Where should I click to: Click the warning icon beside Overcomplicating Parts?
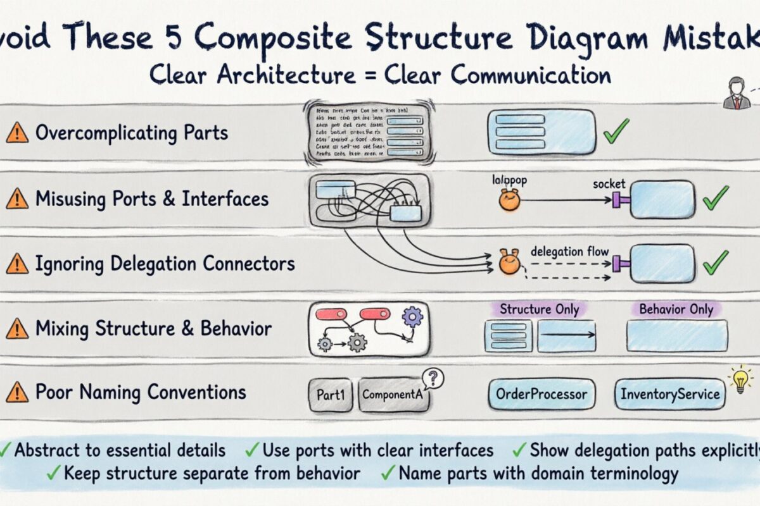[x=17, y=133]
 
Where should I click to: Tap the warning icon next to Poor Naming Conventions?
[x=17, y=393]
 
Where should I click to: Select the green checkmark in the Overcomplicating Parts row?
[x=616, y=130]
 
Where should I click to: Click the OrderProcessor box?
[x=541, y=395]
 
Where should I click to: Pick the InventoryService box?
[x=669, y=395]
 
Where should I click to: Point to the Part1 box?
[x=331, y=395]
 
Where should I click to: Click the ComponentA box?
[x=393, y=395]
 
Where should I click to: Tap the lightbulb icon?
[x=740, y=380]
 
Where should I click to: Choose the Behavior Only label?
[x=676, y=309]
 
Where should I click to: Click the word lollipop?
[x=510, y=180]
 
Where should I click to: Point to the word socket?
[x=609, y=184]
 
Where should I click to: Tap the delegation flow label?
[x=569, y=251]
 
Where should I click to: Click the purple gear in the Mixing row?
[x=412, y=316]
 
